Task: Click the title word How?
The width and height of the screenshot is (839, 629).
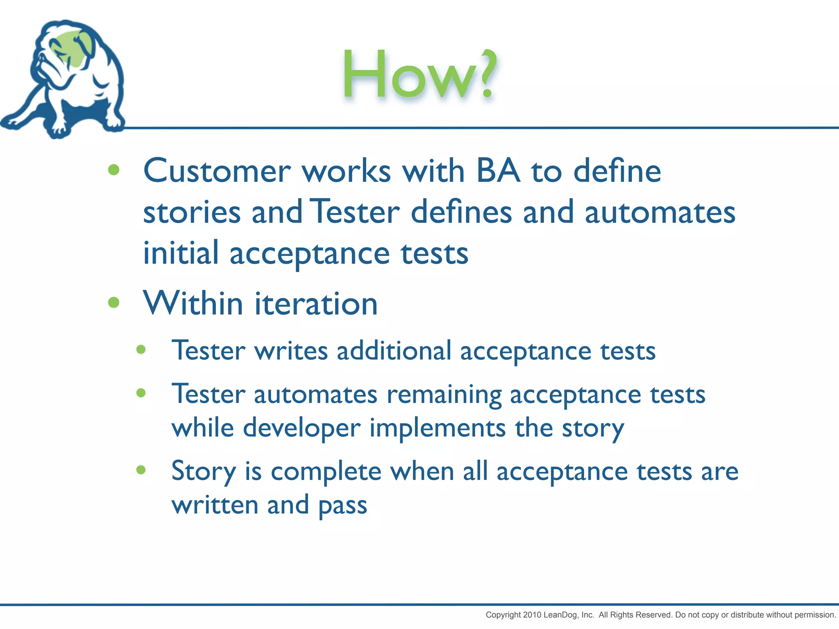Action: tap(420, 75)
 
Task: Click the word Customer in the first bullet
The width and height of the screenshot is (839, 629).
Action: tap(217, 171)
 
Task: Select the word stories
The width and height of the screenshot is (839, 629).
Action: tap(192, 213)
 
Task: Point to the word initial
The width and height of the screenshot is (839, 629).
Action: tap(181, 253)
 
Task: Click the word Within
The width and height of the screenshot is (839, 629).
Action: tap(193, 303)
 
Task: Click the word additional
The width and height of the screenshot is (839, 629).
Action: tap(394, 351)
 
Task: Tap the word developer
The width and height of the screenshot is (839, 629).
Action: tap(302, 429)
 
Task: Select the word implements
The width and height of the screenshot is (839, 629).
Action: tap(438, 429)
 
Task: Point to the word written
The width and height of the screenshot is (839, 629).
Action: tap(215, 505)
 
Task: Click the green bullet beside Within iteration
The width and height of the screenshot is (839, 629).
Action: tap(113, 303)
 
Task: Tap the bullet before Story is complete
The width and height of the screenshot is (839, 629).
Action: tap(141, 470)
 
